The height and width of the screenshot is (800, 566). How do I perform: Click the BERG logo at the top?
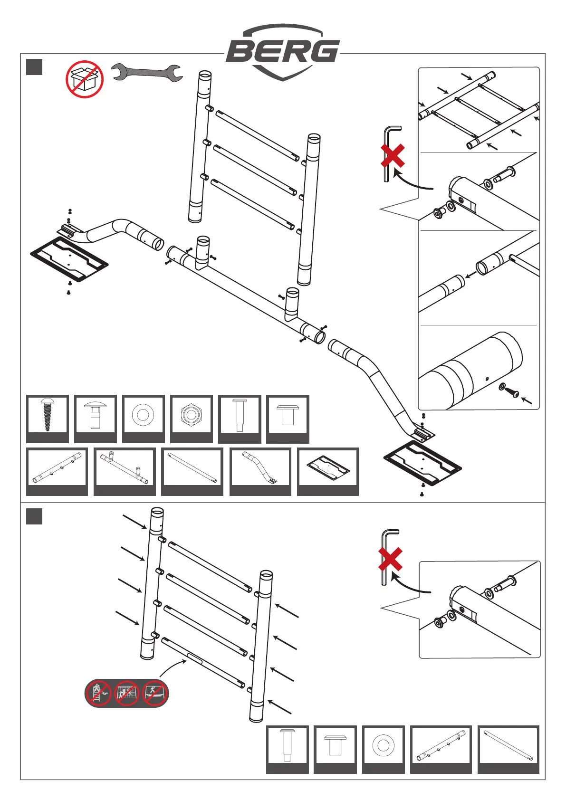point(283,51)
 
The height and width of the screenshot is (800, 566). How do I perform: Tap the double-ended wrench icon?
point(147,73)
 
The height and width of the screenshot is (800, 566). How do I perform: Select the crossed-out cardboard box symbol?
point(85,79)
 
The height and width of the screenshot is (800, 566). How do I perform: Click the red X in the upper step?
point(393,156)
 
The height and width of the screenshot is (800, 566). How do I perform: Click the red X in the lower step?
point(391,559)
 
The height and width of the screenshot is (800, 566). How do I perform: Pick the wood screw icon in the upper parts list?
point(48,414)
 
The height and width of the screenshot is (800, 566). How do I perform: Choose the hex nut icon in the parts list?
point(191,414)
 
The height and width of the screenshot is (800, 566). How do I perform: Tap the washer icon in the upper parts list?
point(143,414)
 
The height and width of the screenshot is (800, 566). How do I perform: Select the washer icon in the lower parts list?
point(383,744)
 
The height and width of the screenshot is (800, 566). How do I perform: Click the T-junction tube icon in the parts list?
point(125,467)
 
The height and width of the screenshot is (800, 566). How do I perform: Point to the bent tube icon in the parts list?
point(260,467)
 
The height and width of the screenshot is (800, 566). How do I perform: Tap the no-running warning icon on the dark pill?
point(154,694)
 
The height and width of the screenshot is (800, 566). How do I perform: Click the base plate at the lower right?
point(422,464)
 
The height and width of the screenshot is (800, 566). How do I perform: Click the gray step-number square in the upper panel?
point(34,67)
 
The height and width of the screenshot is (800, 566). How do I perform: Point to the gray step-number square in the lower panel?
point(34,516)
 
